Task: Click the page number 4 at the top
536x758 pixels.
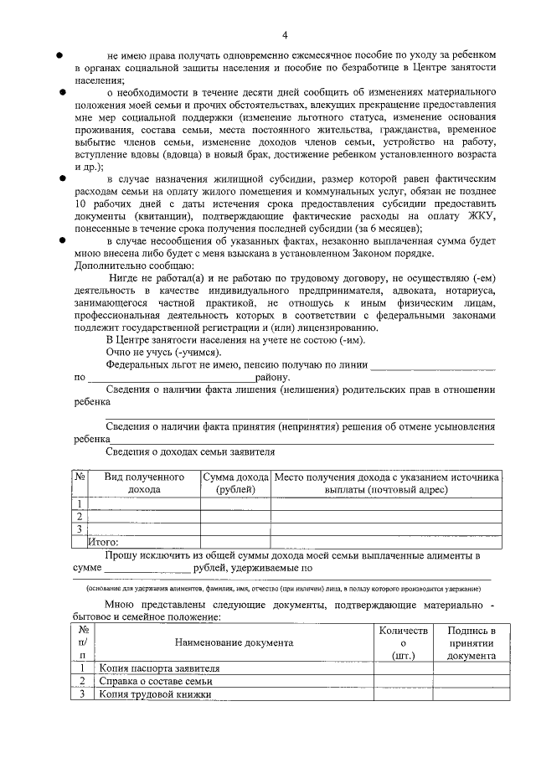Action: [285, 34]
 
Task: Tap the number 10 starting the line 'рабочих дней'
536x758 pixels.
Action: [80, 204]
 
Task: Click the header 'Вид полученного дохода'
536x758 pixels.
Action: [144, 482]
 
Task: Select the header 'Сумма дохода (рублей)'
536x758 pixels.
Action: [235, 482]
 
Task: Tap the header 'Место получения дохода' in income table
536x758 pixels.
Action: [386, 482]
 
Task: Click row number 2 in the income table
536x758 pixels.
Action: [80, 516]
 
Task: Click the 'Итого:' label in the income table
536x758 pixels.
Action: [104, 542]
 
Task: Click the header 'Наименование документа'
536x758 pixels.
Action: [234, 642]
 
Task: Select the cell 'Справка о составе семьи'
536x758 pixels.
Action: [155, 682]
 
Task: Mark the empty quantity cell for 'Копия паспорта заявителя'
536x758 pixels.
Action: [403, 669]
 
